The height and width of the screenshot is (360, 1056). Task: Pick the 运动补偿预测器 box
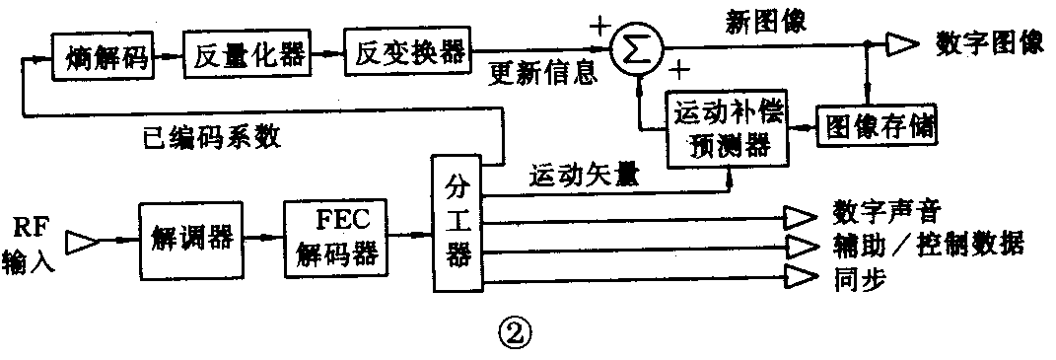729,129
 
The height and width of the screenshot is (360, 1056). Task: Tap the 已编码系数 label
211,137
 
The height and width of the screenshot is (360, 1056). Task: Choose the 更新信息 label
543,75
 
